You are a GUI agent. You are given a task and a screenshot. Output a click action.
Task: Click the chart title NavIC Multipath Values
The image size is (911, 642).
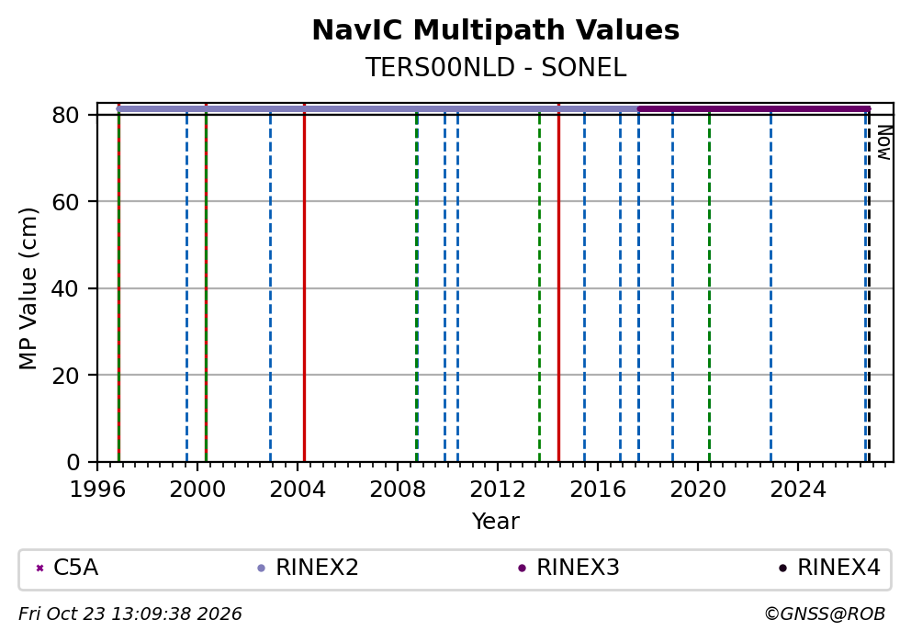pos(496,30)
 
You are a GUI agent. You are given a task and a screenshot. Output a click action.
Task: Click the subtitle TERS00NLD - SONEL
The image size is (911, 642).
pos(496,67)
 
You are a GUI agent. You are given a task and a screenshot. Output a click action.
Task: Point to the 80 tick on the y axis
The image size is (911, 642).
pos(65,115)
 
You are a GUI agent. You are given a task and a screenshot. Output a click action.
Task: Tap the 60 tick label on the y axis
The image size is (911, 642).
pos(65,202)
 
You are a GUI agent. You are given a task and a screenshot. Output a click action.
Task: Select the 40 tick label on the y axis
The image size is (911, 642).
pos(65,288)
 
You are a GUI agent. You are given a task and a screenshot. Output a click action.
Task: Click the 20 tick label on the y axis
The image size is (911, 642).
pos(65,376)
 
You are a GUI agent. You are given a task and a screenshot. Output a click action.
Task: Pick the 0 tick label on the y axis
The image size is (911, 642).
pos(73,463)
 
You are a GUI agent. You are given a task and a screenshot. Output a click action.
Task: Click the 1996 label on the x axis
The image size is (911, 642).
pos(97,490)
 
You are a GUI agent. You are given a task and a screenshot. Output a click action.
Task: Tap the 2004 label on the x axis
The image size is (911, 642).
pos(298,490)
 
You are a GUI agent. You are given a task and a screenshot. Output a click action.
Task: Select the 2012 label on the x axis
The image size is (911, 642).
pos(498,490)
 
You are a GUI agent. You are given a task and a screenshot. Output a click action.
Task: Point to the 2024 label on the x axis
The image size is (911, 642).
pos(798,490)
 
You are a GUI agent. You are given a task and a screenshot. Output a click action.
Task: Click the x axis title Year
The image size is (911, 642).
pos(496,521)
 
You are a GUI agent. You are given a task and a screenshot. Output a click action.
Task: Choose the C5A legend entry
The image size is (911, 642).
pos(67,568)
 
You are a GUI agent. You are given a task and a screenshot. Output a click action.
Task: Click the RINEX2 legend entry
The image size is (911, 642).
pos(308,568)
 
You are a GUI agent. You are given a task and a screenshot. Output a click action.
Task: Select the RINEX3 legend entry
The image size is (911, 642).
pos(568,568)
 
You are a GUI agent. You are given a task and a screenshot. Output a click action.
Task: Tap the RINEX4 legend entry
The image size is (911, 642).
pos(829,568)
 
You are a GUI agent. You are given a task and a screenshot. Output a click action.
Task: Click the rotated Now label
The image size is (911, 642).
pos(884,142)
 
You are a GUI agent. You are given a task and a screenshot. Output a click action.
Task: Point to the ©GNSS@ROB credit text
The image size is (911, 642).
pos(825,614)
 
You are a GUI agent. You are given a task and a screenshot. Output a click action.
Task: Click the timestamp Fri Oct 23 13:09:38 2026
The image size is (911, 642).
pos(130,614)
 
